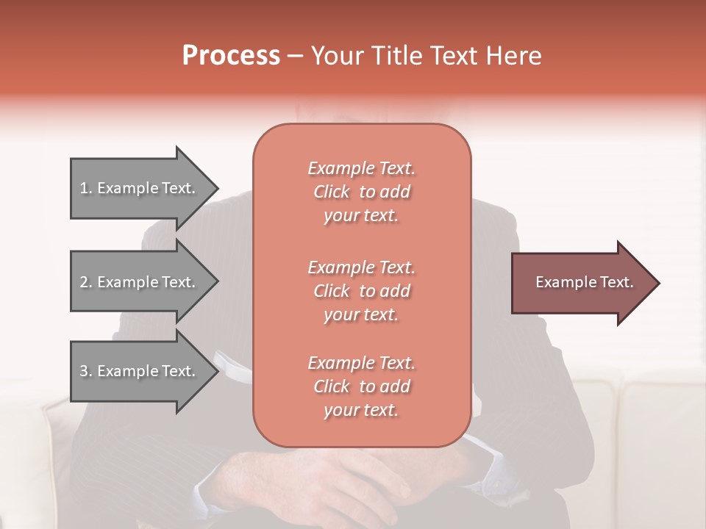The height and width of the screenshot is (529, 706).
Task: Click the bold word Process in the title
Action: point(231,56)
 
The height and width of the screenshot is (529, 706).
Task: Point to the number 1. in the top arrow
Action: point(86,188)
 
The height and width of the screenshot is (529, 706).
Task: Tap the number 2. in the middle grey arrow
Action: point(86,282)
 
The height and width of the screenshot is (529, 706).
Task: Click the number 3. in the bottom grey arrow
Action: point(86,371)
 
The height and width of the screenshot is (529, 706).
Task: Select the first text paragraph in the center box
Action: point(361,192)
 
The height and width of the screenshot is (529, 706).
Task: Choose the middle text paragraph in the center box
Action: point(361,291)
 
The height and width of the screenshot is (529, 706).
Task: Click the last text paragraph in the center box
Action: point(361,386)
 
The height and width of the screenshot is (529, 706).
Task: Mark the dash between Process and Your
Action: point(295,57)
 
